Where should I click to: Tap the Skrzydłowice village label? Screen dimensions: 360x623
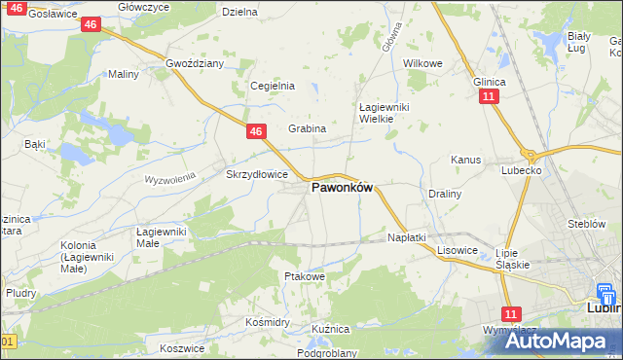(x=256, y=175)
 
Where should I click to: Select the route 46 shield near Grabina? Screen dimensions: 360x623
(x=256, y=131)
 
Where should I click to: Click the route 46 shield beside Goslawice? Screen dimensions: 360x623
(x=91, y=23)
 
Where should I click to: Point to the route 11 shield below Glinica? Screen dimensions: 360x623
(x=489, y=96)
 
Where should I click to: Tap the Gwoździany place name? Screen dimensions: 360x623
(x=195, y=63)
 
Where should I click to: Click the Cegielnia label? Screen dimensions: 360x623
(x=273, y=86)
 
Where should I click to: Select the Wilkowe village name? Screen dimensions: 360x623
(x=422, y=63)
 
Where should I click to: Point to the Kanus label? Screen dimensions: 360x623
(x=464, y=160)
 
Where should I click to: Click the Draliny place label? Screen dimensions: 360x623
(x=444, y=194)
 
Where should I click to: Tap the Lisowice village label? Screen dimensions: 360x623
(x=457, y=250)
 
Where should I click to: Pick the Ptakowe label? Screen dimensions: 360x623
(x=303, y=276)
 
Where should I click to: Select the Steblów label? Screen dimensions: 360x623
(x=587, y=224)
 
